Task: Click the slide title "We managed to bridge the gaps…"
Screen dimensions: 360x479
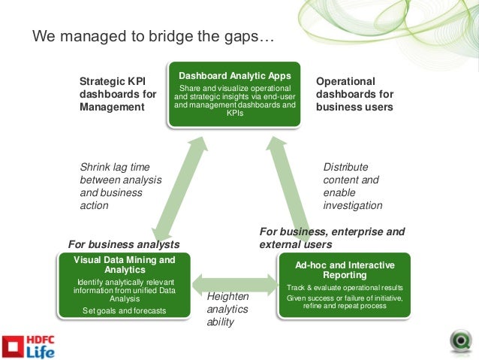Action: (153, 36)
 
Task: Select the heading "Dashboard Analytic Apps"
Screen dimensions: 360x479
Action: (234, 76)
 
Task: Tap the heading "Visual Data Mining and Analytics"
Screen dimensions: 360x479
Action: (125, 265)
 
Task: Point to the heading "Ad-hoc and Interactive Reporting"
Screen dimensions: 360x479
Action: (345, 270)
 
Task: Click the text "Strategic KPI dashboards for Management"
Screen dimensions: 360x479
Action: (118, 94)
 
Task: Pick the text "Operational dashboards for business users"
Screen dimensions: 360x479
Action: (354, 94)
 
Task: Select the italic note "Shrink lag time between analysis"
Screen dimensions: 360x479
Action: (120, 186)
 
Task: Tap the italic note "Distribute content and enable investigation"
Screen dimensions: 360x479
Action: (352, 186)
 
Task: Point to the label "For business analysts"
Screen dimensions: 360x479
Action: (124, 244)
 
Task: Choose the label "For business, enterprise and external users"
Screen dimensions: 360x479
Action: (332, 237)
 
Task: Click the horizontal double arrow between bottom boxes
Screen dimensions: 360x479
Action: (234, 284)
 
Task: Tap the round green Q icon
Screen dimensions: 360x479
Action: (460, 340)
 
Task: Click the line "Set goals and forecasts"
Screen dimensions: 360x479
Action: (124, 310)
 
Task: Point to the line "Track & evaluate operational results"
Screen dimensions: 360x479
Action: (345, 288)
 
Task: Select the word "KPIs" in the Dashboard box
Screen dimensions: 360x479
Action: (234, 113)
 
